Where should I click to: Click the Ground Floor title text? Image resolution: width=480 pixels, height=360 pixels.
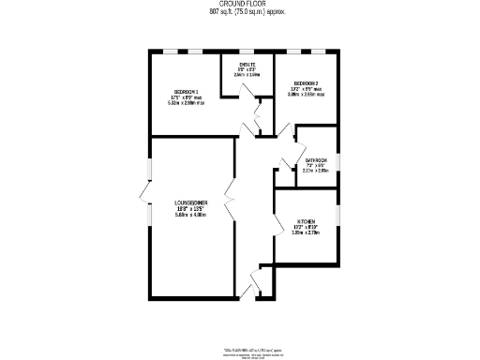coord(240,5)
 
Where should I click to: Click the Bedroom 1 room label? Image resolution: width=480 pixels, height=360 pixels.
coord(185,91)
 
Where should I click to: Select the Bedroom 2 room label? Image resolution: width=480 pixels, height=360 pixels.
coord(306,83)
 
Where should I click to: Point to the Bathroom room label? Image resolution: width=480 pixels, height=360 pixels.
coord(316,160)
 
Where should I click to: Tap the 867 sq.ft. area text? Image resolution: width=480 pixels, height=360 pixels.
coord(240,12)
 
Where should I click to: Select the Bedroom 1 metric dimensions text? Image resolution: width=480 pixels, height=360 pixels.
coord(186,103)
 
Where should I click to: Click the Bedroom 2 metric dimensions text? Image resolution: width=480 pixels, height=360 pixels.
coord(306,95)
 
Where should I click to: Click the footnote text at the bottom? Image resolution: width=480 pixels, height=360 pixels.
coord(253,352)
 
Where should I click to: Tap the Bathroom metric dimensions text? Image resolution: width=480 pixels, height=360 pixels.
coord(316,171)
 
